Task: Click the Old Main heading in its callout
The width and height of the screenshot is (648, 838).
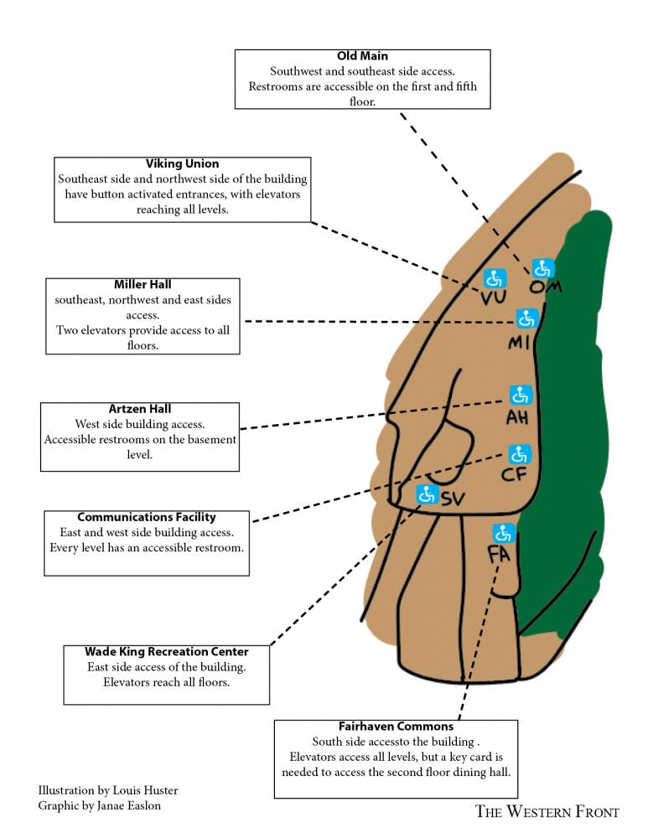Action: pos(362,56)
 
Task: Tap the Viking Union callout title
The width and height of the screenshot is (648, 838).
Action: pos(182,163)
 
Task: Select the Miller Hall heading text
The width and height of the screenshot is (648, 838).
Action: pos(143,284)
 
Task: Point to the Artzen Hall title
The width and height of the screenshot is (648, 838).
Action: pos(140,409)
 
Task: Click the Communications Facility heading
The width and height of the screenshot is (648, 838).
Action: pos(147,517)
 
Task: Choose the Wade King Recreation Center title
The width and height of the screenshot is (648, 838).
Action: pos(166,651)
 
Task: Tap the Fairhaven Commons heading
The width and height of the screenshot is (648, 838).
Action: pos(396,726)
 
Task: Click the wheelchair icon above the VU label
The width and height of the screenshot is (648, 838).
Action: pos(494,278)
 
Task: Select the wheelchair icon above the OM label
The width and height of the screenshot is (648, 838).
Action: pos(543,268)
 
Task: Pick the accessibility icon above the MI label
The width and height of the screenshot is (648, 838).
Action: pos(526,318)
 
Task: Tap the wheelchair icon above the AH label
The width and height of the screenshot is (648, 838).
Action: pos(520,395)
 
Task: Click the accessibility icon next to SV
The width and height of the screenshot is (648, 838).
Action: pos(427,494)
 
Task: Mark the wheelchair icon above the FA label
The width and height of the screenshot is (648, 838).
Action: pos(503,532)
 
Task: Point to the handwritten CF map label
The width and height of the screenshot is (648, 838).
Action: pos(514,476)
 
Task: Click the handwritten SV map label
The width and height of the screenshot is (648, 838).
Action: pos(453,499)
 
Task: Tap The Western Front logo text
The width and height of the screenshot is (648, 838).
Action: pos(547,811)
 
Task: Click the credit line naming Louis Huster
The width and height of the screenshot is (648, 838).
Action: pos(107,790)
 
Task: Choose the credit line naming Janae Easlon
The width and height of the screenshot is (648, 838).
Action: pos(100,805)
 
